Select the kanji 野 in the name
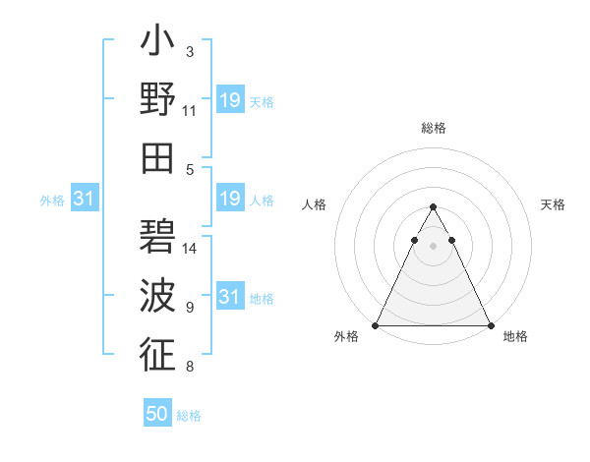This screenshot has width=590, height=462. point(157,101)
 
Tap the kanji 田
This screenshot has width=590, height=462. point(157,157)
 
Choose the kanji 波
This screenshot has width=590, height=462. point(157,296)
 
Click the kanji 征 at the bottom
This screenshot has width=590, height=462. point(157,354)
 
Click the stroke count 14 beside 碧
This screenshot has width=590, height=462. point(191,249)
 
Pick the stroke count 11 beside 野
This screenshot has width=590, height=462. point(190,111)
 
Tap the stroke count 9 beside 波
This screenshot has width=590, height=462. point(190,308)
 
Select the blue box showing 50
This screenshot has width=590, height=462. point(157,415)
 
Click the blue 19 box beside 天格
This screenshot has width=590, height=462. point(230,101)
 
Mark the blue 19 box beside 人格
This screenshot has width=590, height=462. point(230,200)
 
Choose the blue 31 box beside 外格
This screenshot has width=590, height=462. point(84,200)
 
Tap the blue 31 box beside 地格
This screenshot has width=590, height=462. point(230,298)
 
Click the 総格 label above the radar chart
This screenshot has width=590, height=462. point(434,129)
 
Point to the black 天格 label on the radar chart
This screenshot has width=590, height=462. point(554,204)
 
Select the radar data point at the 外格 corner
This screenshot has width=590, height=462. point(376,325)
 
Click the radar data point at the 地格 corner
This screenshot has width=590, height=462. point(491,325)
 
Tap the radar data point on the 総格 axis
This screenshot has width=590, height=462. point(434,207)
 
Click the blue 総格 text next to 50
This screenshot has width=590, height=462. point(189,416)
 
